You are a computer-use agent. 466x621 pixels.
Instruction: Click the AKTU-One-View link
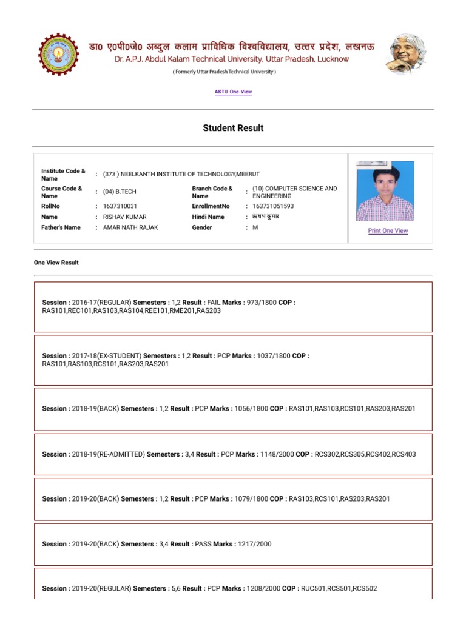coord(233,92)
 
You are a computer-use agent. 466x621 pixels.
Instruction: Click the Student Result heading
coord(233,128)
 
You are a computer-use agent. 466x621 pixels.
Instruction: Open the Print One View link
coord(388,231)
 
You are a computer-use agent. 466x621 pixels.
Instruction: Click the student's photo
coord(385,191)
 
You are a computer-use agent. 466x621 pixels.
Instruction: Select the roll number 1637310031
coord(120,207)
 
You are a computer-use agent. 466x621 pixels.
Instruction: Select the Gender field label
coord(202,228)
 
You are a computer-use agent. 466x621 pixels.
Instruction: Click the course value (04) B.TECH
coord(120,192)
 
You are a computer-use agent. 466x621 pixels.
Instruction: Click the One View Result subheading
coord(56,263)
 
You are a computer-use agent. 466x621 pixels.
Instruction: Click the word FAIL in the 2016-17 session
coord(214,303)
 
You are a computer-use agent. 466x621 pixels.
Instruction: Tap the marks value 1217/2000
coord(254,545)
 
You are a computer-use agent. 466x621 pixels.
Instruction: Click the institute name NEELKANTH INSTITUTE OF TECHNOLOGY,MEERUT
coord(181,175)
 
